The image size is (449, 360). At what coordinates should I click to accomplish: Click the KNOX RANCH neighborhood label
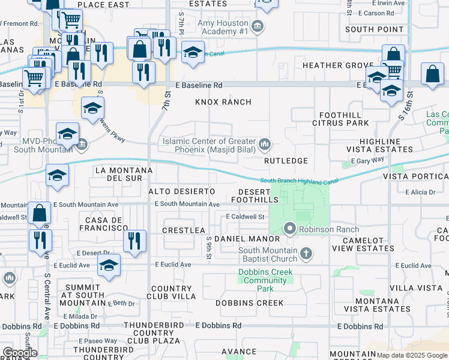[223, 102]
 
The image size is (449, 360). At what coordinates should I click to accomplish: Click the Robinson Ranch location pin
[291, 229]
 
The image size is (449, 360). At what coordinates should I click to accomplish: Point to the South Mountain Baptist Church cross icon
[306, 253]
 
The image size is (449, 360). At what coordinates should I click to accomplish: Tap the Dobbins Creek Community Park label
[265, 280]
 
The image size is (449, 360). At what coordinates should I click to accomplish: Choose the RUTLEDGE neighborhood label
[286, 161]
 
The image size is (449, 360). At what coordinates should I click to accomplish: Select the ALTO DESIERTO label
[181, 191]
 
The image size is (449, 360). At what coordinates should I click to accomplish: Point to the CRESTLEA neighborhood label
[184, 230]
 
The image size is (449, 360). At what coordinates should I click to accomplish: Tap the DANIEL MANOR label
[239, 239]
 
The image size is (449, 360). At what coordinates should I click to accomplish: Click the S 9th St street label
[209, 247]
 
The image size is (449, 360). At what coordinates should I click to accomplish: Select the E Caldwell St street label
[246, 217]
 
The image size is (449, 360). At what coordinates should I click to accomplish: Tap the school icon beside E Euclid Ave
[109, 265]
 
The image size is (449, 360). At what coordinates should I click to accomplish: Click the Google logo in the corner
[19, 353]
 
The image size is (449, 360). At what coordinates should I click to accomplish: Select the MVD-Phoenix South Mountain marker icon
[82, 145]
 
